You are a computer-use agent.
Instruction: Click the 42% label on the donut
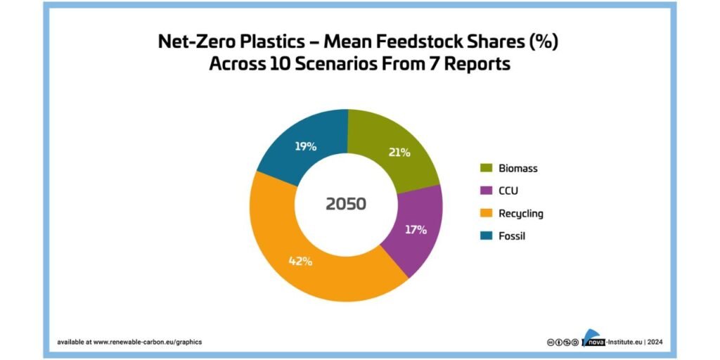click(x=300, y=262)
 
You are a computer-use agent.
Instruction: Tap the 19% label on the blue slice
click(x=305, y=146)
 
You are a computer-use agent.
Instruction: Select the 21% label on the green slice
click(x=399, y=153)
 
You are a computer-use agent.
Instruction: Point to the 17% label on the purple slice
click(x=416, y=230)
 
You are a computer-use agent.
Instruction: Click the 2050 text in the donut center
click(x=346, y=205)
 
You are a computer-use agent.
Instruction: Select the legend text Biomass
click(x=518, y=169)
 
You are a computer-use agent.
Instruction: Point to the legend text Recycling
click(x=521, y=214)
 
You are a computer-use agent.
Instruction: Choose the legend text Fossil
click(x=512, y=236)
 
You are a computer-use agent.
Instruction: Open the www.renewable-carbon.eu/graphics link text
click(x=148, y=342)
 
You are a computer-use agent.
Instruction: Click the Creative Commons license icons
click(x=562, y=342)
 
